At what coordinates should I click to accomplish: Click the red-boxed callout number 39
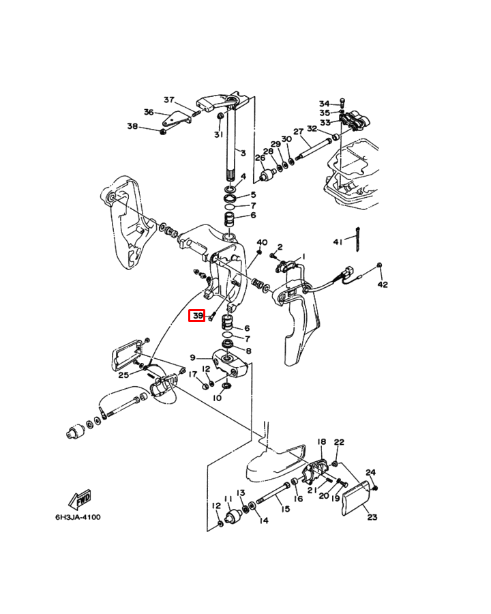(197, 316)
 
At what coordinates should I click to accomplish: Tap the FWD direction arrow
(80, 499)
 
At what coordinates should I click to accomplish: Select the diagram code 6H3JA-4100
(78, 517)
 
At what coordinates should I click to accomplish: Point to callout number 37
(168, 100)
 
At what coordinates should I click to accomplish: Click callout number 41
(338, 242)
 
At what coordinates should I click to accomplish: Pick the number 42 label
(383, 284)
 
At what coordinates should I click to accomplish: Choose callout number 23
(372, 517)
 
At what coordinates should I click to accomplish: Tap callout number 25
(123, 375)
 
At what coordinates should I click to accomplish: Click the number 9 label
(192, 357)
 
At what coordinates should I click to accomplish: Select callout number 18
(321, 441)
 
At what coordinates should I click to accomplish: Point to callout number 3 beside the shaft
(243, 153)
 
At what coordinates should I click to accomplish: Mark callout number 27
(299, 132)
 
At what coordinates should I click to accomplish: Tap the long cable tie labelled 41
(357, 239)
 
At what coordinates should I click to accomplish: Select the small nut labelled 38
(163, 132)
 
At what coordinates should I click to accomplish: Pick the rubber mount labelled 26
(269, 174)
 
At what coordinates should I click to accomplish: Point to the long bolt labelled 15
(273, 493)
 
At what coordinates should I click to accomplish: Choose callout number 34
(324, 104)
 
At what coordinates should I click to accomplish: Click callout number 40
(262, 242)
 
